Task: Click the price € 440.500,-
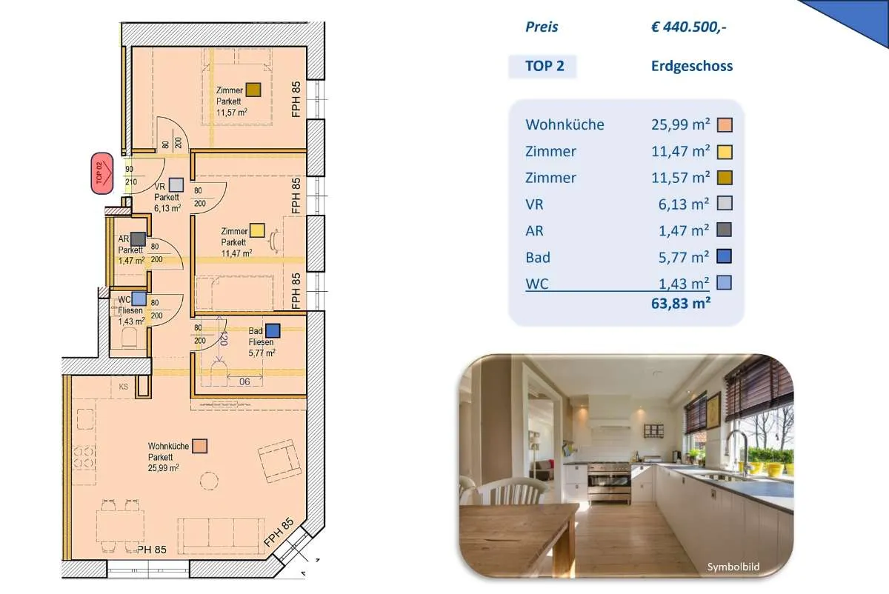(x=688, y=27)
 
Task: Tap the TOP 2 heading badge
(x=542, y=66)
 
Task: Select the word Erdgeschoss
(x=692, y=66)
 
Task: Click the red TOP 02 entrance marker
(x=102, y=173)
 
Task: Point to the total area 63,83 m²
(x=681, y=304)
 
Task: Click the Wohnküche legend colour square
(x=725, y=125)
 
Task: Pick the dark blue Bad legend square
(x=725, y=256)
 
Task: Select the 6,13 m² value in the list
(x=683, y=204)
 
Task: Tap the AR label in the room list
(x=534, y=231)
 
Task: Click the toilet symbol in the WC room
(x=129, y=339)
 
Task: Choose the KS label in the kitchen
(x=124, y=387)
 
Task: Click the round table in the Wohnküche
(x=209, y=481)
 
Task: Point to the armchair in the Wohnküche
(x=279, y=461)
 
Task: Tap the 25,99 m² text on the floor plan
(x=164, y=468)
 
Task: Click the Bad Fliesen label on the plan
(x=261, y=336)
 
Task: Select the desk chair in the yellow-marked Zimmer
(x=273, y=240)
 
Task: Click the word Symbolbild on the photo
(x=733, y=567)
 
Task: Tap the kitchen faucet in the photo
(x=737, y=451)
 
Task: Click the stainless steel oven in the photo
(x=609, y=483)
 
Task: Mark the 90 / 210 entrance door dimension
(x=130, y=176)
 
